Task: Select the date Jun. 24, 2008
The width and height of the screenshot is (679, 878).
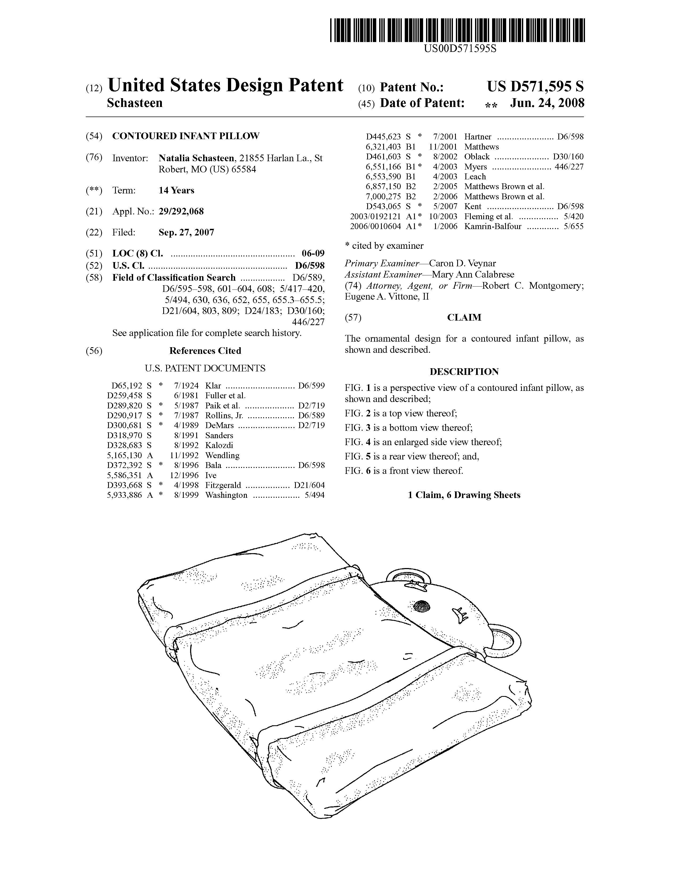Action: [547, 103]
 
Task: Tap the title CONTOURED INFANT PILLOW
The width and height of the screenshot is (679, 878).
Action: [186, 136]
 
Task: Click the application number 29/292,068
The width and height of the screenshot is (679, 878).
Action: [181, 212]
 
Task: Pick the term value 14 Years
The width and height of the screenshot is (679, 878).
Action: [176, 190]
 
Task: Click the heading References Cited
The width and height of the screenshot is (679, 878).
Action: [205, 351]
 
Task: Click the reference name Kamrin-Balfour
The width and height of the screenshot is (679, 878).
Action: [493, 226]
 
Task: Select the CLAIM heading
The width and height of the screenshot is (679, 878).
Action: [464, 318]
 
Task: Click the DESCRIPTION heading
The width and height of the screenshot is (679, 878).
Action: [464, 372]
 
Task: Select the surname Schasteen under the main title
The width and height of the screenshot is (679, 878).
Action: [135, 103]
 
